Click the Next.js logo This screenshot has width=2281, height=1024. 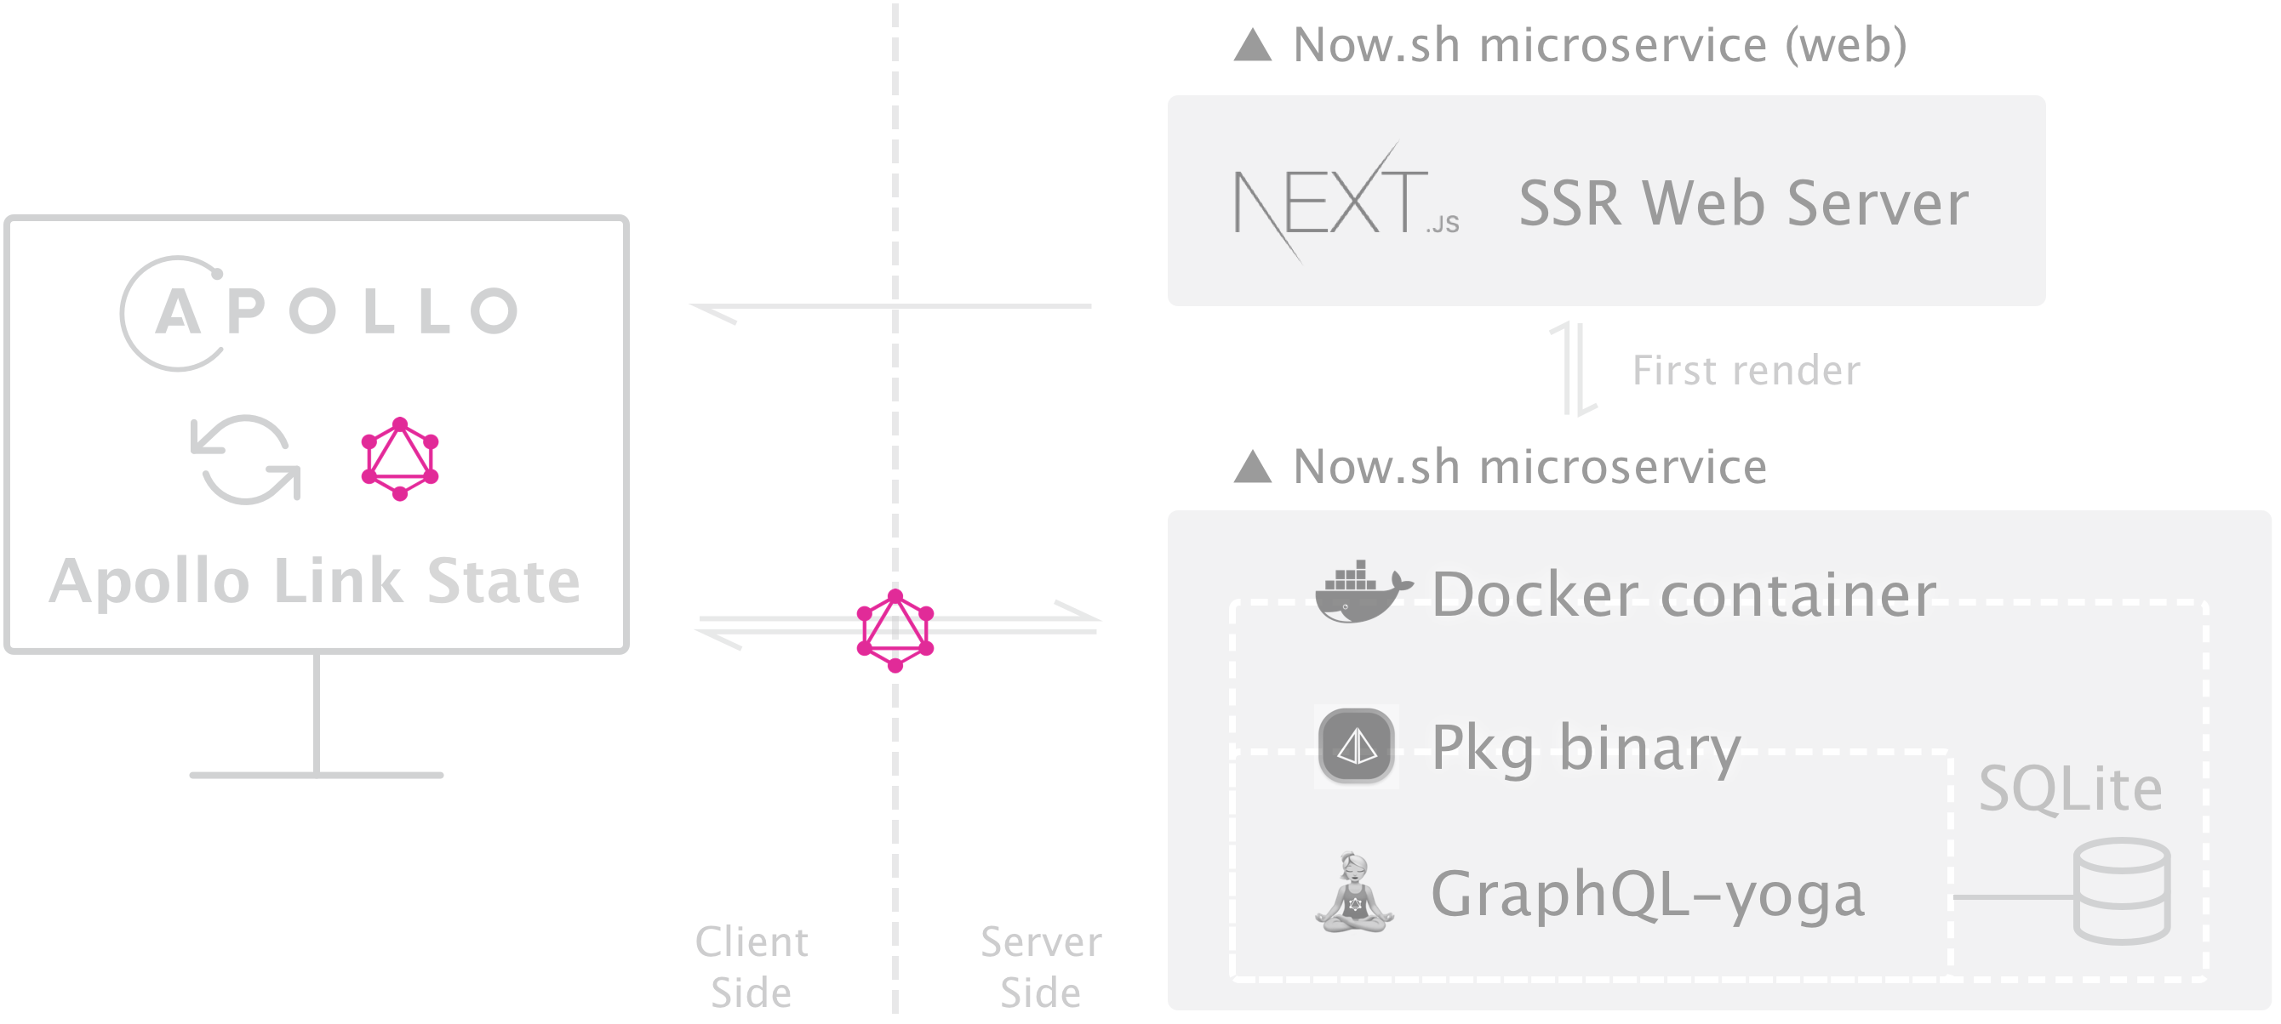(x=1345, y=202)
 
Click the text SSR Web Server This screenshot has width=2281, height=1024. (x=1743, y=203)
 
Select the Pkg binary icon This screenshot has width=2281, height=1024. (x=1356, y=746)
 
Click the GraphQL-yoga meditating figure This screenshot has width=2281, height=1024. (x=1354, y=893)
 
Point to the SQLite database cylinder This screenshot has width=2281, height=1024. (x=2122, y=890)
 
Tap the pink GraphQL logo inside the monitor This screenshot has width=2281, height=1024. (x=400, y=458)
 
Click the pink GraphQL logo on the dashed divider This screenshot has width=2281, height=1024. (x=895, y=630)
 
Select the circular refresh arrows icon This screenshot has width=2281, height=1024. (x=246, y=459)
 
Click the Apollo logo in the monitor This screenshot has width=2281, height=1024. (x=319, y=312)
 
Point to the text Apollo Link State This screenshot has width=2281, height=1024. (x=315, y=581)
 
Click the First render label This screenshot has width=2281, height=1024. (x=1746, y=370)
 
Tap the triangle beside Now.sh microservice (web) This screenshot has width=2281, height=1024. (x=1253, y=45)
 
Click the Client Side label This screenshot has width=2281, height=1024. (x=751, y=966)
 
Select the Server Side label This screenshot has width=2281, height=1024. (x=1041, y=966)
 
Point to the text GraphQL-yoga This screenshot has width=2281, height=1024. (x=1648, y=894)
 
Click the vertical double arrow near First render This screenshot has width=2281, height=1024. (x=1574, y=369)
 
